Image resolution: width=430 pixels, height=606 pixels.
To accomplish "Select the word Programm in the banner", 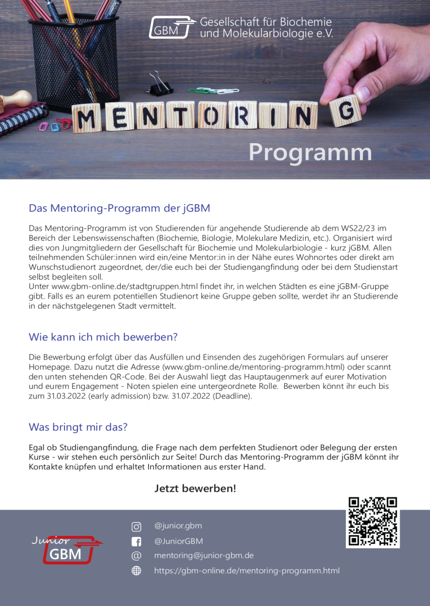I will point(310,153).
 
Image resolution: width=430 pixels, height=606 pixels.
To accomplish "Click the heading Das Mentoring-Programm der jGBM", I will point(119,208).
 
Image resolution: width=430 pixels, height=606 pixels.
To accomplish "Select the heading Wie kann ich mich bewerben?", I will point(103,337).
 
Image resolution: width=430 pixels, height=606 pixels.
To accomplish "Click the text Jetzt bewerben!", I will point(195,488).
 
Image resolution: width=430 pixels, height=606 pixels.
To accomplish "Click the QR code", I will point(372,521).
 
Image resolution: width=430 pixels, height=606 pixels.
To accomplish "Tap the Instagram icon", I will point(136,527).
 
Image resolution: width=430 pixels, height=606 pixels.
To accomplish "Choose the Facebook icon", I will point(136,542).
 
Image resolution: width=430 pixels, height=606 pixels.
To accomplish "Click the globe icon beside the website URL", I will point(136,570).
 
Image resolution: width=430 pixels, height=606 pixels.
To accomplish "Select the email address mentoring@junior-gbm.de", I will point(203,556).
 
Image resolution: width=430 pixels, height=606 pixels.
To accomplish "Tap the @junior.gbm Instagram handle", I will point(178,526).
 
